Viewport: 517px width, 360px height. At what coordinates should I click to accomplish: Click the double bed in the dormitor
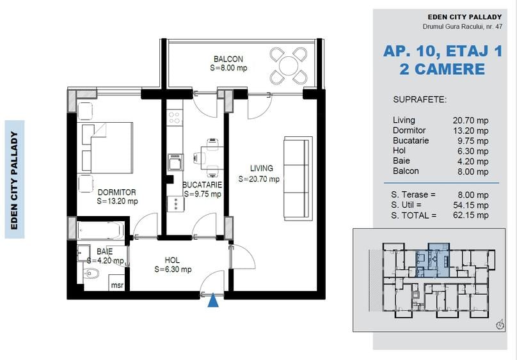coord(106,147)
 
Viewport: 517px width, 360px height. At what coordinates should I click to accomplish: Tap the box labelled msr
coord(118,285)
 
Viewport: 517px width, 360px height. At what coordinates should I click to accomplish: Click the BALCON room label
coord(228,59)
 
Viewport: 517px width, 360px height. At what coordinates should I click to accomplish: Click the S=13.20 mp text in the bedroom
coord(118,201)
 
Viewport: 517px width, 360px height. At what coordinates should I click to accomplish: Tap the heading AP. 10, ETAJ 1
coord(442,51)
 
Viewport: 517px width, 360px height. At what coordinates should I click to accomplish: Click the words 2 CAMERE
coord(442,69)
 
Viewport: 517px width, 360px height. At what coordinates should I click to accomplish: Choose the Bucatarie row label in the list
coord(411,141)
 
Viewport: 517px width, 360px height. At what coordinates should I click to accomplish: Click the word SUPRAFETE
coord(420,100)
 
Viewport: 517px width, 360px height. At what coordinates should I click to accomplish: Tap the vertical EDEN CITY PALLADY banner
coord(15,179)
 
